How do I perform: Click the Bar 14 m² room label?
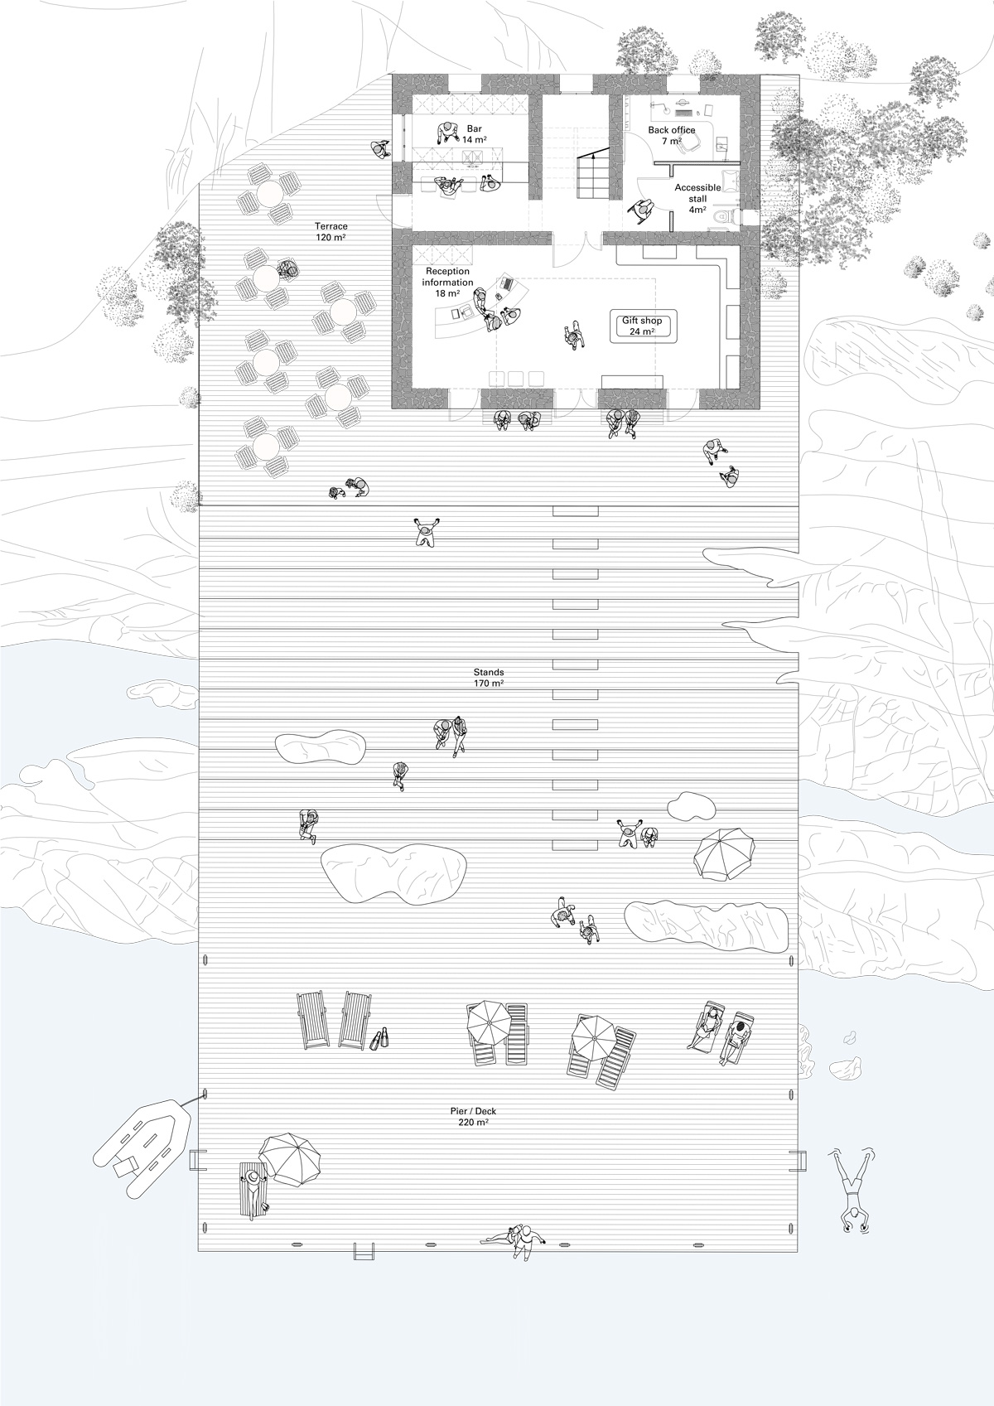click(x=473, y=134)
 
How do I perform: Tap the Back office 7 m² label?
click(x=671, y=136)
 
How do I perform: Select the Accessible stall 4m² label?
click(x=697, y=199)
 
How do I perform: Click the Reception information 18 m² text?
click(x=447, y=283)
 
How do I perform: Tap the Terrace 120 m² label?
click(x=330, y=231)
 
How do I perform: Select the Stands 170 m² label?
click(x=489, y=678)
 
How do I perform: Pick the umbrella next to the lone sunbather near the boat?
click(x=290, y=1158)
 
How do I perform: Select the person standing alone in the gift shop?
click(x=573, y=336)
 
